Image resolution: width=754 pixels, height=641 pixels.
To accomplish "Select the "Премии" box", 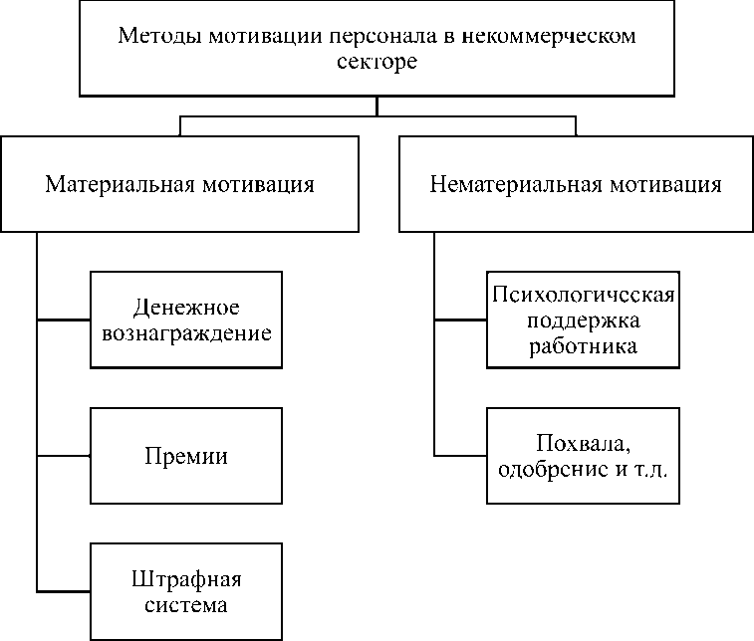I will (x=186, y=457).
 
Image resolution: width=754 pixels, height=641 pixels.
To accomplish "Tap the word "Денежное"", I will (x=186, y=307).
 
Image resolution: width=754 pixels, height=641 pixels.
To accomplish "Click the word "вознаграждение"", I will (x=186, y=332).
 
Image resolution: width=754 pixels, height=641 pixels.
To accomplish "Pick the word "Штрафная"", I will (x=186, y=579).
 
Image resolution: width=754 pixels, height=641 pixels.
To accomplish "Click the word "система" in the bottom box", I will (x=186, y=604).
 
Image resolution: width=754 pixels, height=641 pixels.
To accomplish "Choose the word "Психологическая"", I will (x=584, y=297).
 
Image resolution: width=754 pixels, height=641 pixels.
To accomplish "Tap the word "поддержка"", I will (x=584, y=321).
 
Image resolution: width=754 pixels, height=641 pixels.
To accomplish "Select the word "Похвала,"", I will (x=584, y=442).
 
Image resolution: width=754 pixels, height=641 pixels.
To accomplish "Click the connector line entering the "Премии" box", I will (x=63, y=457).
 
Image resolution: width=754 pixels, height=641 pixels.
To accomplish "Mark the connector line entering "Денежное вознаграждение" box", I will (x=63, y=320).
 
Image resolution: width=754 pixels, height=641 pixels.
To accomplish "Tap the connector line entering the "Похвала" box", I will (x=460, y=457).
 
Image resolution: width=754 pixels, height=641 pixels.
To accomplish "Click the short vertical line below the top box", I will (x=377, y=106).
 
